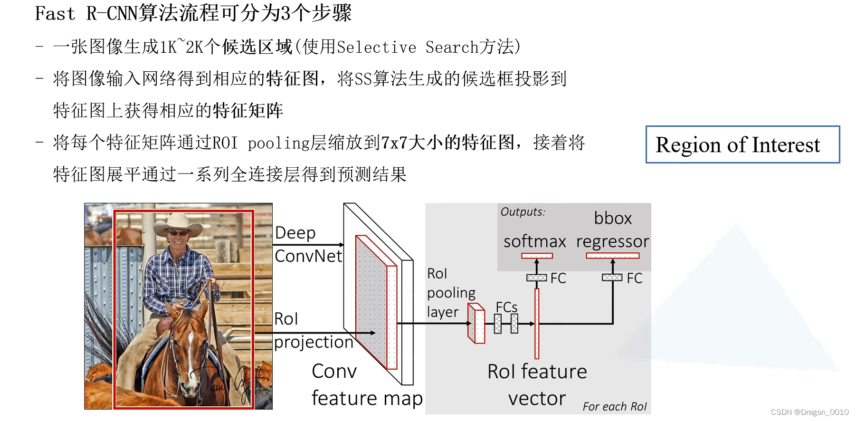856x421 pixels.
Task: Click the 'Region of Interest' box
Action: pyautogui.click(x=742, y=144)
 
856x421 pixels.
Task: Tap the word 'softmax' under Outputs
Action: pyautogui.click(x=534, y=241)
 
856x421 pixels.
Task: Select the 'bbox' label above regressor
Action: pyautogui.click(x=613, y=218)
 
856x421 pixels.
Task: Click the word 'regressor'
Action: pyautogui.click(x=612, y=242)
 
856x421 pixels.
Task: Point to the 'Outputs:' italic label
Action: pyautogui.click(x=523, y=212)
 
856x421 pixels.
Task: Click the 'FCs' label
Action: pyautogui.click(x=506, y=307)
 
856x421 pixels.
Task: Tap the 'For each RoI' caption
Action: pyautogui.click(x=614, y=407)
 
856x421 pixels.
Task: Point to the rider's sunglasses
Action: pyautogui.click(x=178, y=233)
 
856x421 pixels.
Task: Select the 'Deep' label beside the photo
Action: pyautogui.click(x=295, y=233)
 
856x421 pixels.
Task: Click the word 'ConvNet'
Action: pyautogui.click(x=308, y=256)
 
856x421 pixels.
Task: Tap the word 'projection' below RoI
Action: pyautogui.click(x=314, y=342)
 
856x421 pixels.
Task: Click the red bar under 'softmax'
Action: pyautogui.click(x=537, y=256)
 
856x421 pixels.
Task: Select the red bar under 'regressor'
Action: pyautogui.click(x=612, y=256)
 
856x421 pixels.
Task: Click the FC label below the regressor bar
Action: pyautogui.click(x=634, y=278)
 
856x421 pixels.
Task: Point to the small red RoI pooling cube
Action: pyautogui.click(x=476, y=324)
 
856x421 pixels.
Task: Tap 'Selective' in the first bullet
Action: pyautogui.click(x=376, y=47)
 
